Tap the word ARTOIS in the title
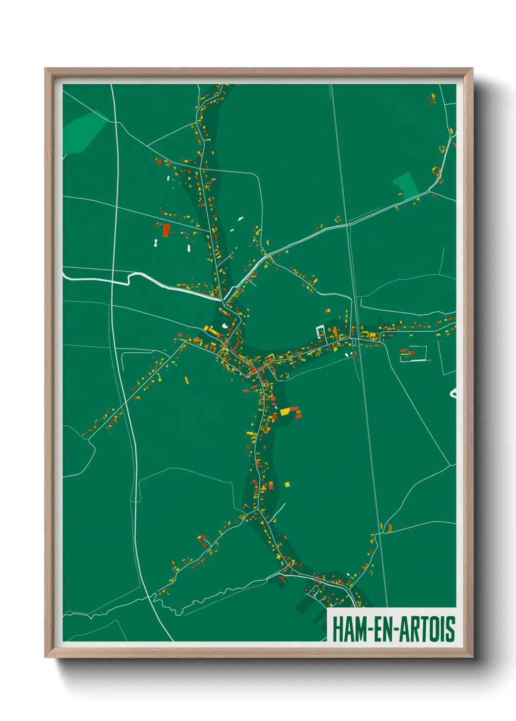426,629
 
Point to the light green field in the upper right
406,184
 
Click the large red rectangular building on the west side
166,230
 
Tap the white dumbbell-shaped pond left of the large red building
155,243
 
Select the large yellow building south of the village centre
285,412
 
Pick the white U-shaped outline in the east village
320,332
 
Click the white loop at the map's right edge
454,393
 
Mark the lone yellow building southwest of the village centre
186,380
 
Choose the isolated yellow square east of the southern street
287,484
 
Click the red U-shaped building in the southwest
202,539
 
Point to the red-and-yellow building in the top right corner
432,99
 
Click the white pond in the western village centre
225,325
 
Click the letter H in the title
337,629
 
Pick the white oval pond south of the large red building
188,248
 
